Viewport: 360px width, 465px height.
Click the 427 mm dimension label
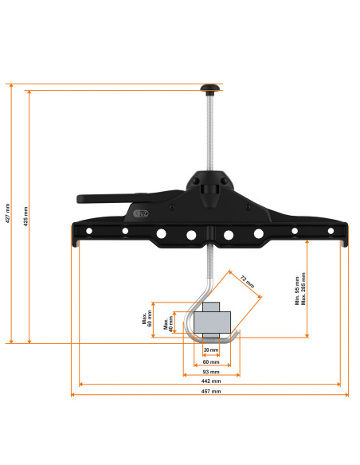[x=7, y=213]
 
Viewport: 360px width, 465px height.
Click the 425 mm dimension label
[x=25, y=217]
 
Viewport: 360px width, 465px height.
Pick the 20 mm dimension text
[x=210, y=350]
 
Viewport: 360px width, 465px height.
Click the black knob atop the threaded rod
[x=210, y=87]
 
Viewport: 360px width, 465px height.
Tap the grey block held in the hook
[x=210, y=321]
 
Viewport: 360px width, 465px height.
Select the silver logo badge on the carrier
[x=141, y=213]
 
